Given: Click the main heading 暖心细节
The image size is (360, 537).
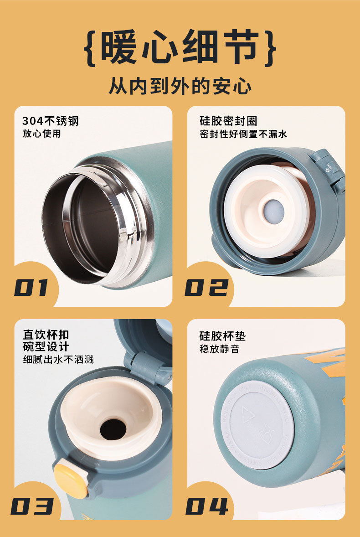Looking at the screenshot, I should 180,47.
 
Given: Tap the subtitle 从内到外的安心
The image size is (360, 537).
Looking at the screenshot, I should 180,86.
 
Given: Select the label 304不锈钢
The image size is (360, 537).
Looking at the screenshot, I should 51,121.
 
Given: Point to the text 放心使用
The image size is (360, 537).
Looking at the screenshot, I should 41,134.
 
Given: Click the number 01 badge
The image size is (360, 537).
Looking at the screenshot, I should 31,288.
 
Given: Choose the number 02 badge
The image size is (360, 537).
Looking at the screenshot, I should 206,288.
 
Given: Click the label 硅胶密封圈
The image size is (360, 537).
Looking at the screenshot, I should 228,121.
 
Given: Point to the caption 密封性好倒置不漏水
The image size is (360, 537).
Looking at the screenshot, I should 243,134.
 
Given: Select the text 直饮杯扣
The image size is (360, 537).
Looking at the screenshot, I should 46,335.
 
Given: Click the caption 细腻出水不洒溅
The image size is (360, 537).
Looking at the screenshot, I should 58,359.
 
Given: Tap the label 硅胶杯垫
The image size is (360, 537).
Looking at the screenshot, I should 222,336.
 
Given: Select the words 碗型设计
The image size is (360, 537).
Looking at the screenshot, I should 46,346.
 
